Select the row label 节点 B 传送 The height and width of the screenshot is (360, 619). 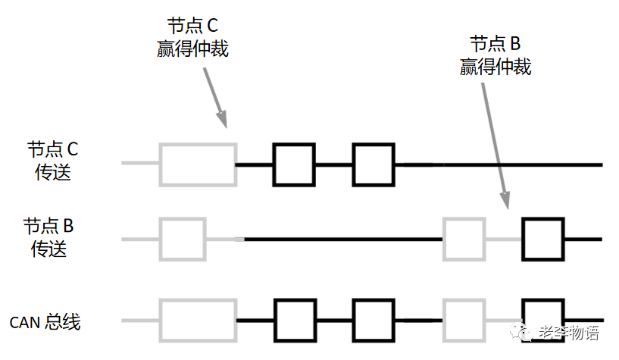pos(49,237)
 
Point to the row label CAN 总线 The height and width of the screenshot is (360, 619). pos(45,321)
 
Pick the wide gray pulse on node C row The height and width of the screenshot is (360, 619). pos(198,164)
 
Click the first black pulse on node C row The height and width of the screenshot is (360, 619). pos(294,164)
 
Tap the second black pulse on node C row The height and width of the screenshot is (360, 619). pos(373,164)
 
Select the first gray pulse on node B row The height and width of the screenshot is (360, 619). pos(183,239)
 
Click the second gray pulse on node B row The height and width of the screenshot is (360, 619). pos(464,239)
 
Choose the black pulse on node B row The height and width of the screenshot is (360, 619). pos(543,239)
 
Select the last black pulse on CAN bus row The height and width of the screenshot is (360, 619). pos(543,320)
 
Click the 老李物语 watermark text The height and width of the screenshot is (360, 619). pos(567,333)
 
